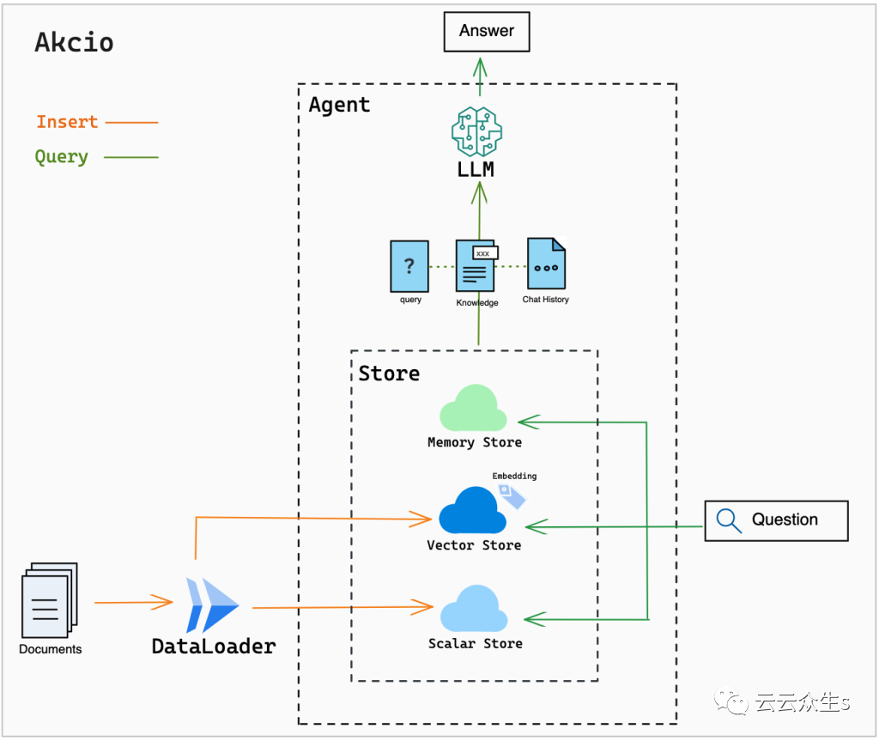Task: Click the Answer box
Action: pos(486,32)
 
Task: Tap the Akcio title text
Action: pos(74,42)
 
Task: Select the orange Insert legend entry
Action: pos(67,122)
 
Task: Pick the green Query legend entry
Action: pos(62,157)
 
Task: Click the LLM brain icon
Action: pos(476,131)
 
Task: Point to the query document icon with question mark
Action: pos(409,266)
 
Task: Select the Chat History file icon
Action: pos(546,264)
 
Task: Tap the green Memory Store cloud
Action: pos(473,409)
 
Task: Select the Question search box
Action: pos(776,520)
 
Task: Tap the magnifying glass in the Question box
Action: pos(729,520)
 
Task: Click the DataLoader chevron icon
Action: pos(212,605)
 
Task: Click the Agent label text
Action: pos(340,105)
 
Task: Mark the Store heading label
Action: pos(389,374)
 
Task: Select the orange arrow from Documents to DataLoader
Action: pos(133,603)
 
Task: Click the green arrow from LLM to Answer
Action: pos(480,77)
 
